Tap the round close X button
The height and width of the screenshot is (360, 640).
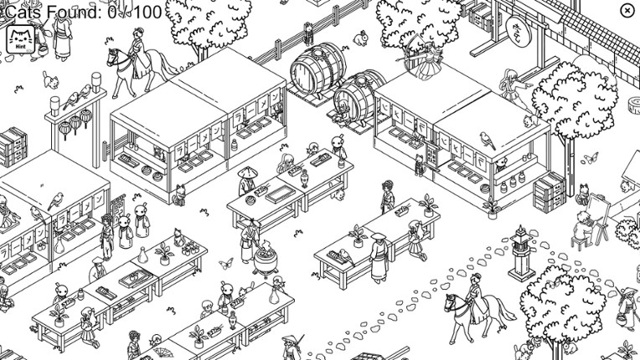[x=627, y=10]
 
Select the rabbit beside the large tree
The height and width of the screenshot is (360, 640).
[x=361, y=38]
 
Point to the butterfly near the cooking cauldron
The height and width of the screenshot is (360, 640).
[x=225, y=264]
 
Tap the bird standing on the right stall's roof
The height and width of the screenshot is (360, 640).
[x=487, y=139]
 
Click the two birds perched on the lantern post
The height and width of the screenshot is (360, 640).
[x=80, y=94]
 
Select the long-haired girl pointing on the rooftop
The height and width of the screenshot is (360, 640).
[x=510, y=84]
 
